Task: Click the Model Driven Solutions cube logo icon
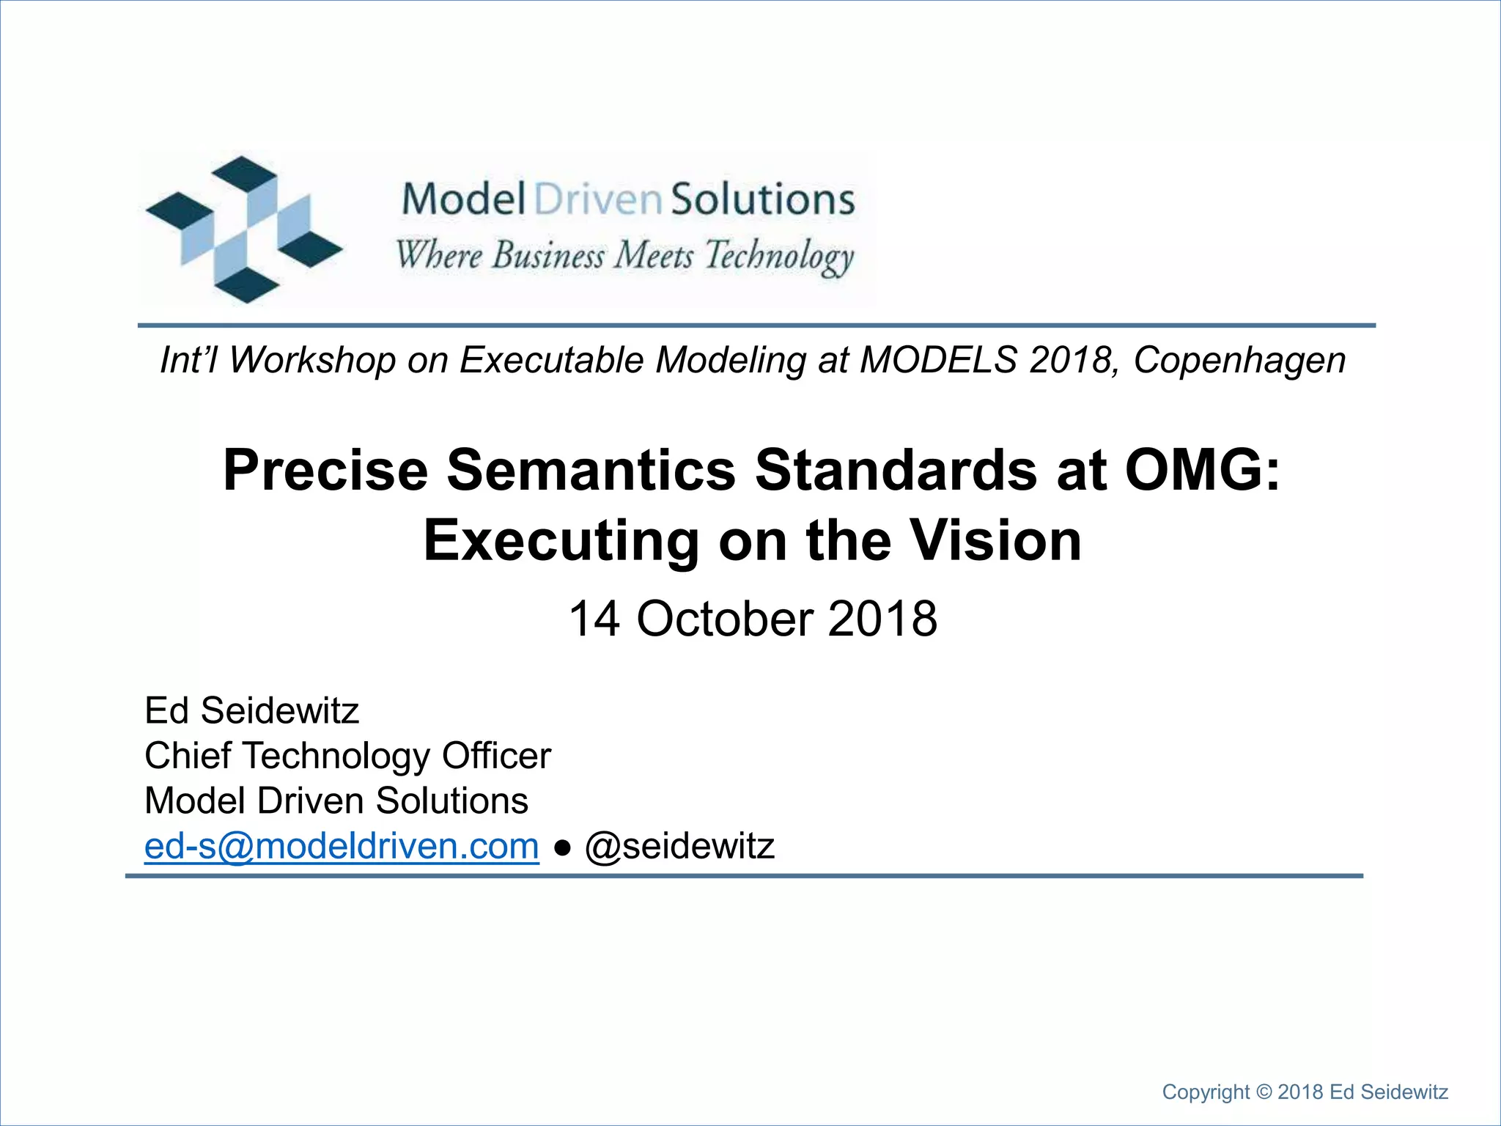(244, 229)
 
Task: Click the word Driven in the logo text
(598, 199)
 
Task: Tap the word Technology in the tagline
(779, 257)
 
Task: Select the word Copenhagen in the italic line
(1239, 360)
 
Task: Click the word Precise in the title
(325, 470)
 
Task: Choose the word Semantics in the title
(591, 470)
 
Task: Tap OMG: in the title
(1202, 470)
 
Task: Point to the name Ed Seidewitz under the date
(251, 710)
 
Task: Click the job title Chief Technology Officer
(347, 756)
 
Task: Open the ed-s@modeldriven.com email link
(342, 846)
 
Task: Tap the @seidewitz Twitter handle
(679, 846)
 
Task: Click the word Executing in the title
(561, 540)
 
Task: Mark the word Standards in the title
(896, 470)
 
